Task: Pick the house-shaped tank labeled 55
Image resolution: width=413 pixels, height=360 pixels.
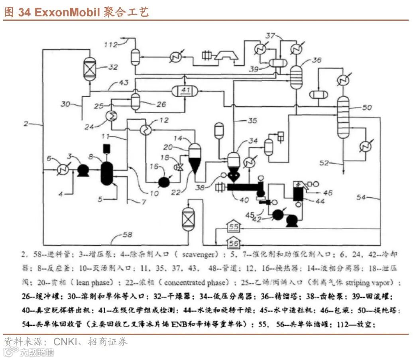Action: click(234, 228)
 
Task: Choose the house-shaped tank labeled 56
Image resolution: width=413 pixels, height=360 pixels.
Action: click(234, 241)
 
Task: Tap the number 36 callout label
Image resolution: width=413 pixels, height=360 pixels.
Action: click(317, 60)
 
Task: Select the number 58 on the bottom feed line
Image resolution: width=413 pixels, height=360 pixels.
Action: click(127, 235)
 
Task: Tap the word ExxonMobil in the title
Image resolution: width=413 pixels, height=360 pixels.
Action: click(65, 12)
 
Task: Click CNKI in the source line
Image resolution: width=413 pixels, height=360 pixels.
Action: click(68, 341)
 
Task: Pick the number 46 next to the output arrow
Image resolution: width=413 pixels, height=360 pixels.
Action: click(328, 193)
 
